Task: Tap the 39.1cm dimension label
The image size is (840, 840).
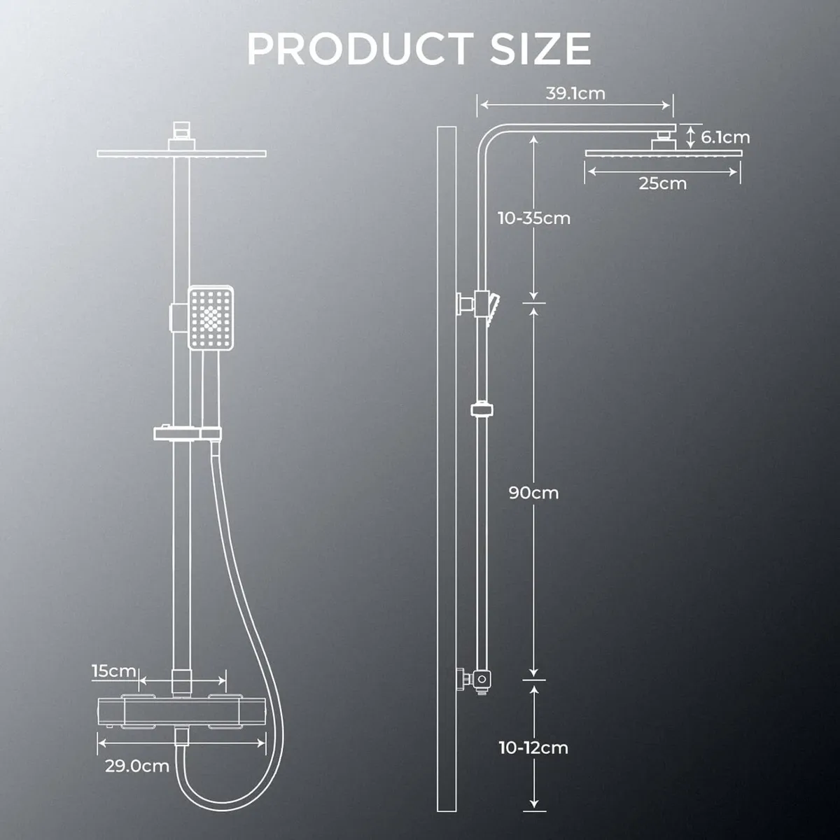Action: pyautogui.click(x=575, y=93)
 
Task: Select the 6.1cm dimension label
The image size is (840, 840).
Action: pyautogui.click(x=725, y=137)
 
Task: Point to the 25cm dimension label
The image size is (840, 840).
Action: pyautogui.click(x=662, y=183)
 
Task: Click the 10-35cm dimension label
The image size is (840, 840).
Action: pyautogui.click(x=534, y=218)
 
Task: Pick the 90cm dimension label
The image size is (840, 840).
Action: pyautogui.click(x=533, y=493)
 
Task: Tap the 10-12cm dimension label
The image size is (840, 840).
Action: pyautogui.click(x=533, y=748)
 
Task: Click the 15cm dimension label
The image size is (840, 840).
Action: pyautogui.click(x=113, y=671)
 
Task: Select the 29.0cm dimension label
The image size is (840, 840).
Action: pyautogui.click(x=137, y=766)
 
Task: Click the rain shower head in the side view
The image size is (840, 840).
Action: pyautogui.click(x=662, y=153)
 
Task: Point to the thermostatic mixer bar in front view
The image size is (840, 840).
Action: pyautogui.click(x=183, y=713)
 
